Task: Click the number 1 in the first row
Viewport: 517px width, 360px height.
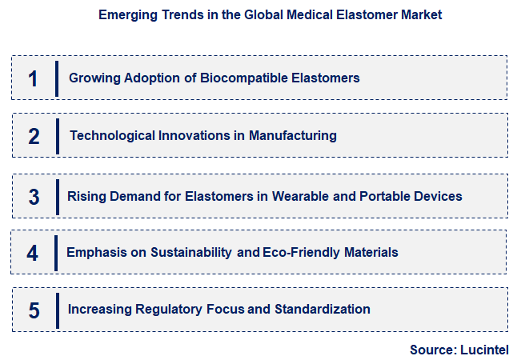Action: point(33,78)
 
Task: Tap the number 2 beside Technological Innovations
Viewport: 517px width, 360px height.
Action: point(34,136)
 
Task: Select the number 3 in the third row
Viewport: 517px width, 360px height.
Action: point(34,197)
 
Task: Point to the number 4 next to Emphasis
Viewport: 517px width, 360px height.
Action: point(32,253)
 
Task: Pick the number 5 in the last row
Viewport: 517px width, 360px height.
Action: point(34,310)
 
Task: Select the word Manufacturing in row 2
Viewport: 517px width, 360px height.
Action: point(292,136)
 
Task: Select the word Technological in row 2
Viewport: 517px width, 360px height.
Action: point(110,136)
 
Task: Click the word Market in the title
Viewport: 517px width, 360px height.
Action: point(421,15)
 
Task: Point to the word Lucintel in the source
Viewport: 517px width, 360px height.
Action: point(485,350)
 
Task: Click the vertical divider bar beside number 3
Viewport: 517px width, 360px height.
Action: point(57,196)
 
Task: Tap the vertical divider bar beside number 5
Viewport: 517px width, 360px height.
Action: point(58,310)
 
